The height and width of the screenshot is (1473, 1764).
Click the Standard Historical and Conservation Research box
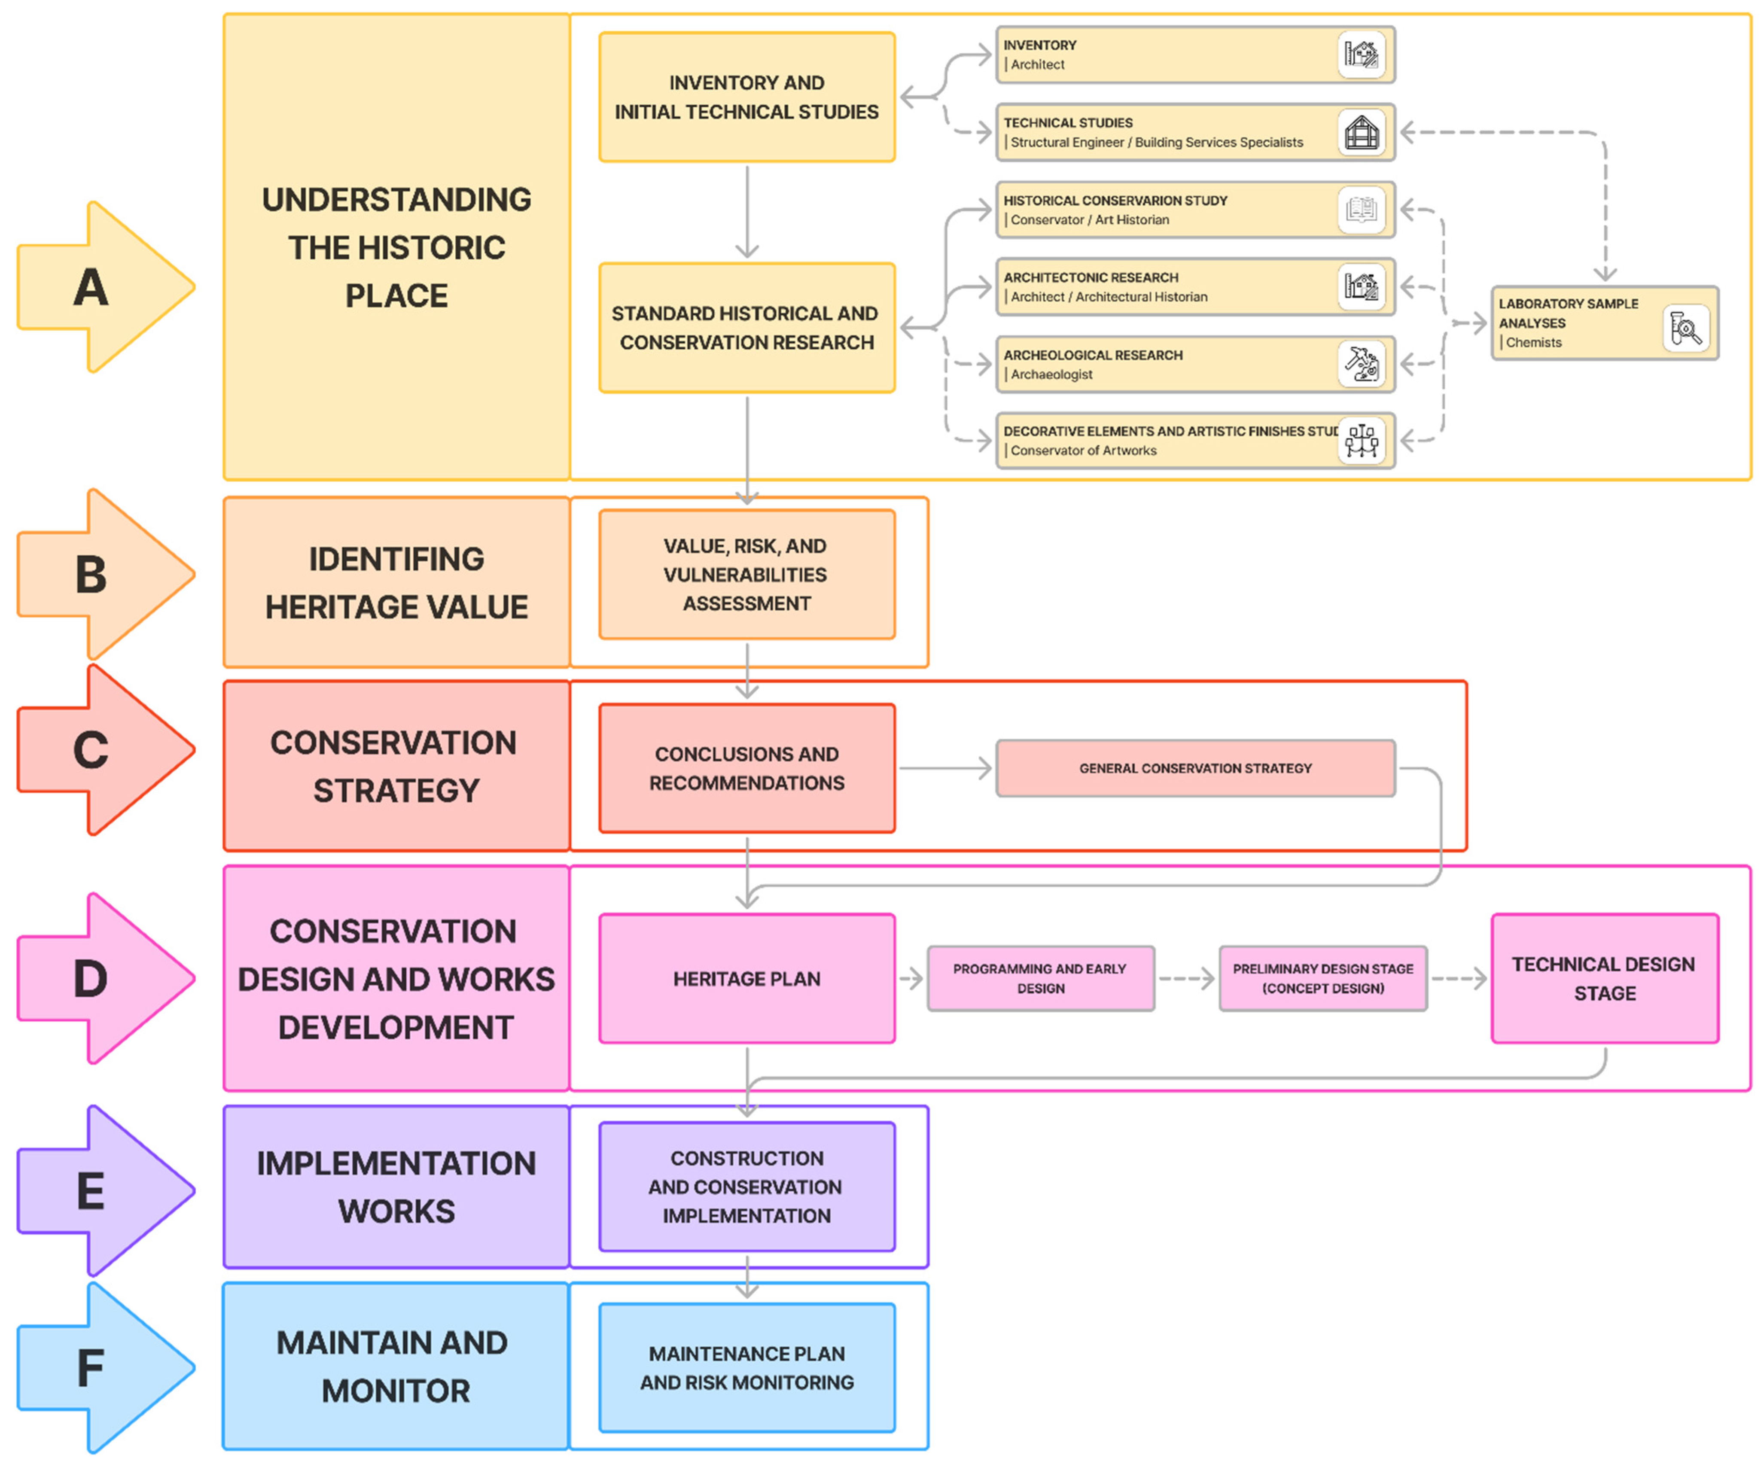(x=747, y=328)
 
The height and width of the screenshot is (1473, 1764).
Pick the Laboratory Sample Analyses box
(x=1604, y=323)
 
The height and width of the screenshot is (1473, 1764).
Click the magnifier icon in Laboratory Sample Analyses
(x=1685, y=329)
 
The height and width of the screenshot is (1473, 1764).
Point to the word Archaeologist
(x=1052, y=374)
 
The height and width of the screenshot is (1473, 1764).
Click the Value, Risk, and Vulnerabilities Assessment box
(x=747, y=575)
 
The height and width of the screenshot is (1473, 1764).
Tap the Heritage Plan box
(x=747, y=978)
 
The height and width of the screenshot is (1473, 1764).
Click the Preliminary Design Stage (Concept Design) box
(x=1323, y=978)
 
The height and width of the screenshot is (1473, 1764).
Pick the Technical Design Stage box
(x=1604, y=978)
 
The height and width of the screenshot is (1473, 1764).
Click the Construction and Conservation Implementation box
(x=747, y=1187)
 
